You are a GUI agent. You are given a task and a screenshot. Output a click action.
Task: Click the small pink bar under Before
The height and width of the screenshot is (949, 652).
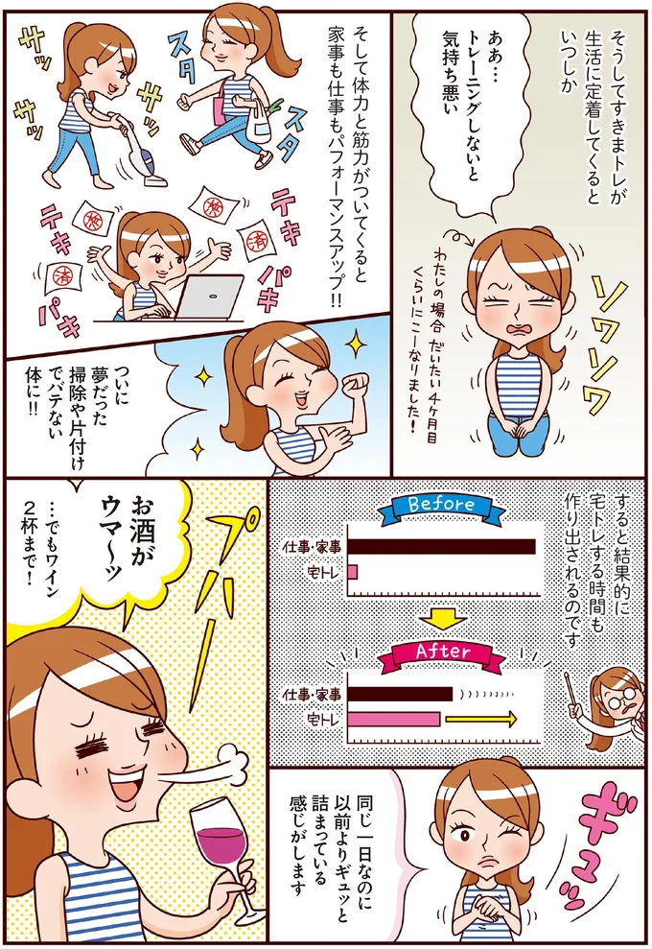pos(352,572)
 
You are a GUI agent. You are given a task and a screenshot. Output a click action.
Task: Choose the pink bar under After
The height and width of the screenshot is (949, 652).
pos(393,719)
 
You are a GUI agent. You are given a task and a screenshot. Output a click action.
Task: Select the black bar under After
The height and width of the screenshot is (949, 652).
pos(399,693)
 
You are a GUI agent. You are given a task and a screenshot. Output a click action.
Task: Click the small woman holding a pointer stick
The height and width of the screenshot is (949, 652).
pos(613,710)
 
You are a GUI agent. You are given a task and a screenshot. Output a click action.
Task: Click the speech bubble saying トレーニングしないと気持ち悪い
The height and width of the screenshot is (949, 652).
pos(461,106)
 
